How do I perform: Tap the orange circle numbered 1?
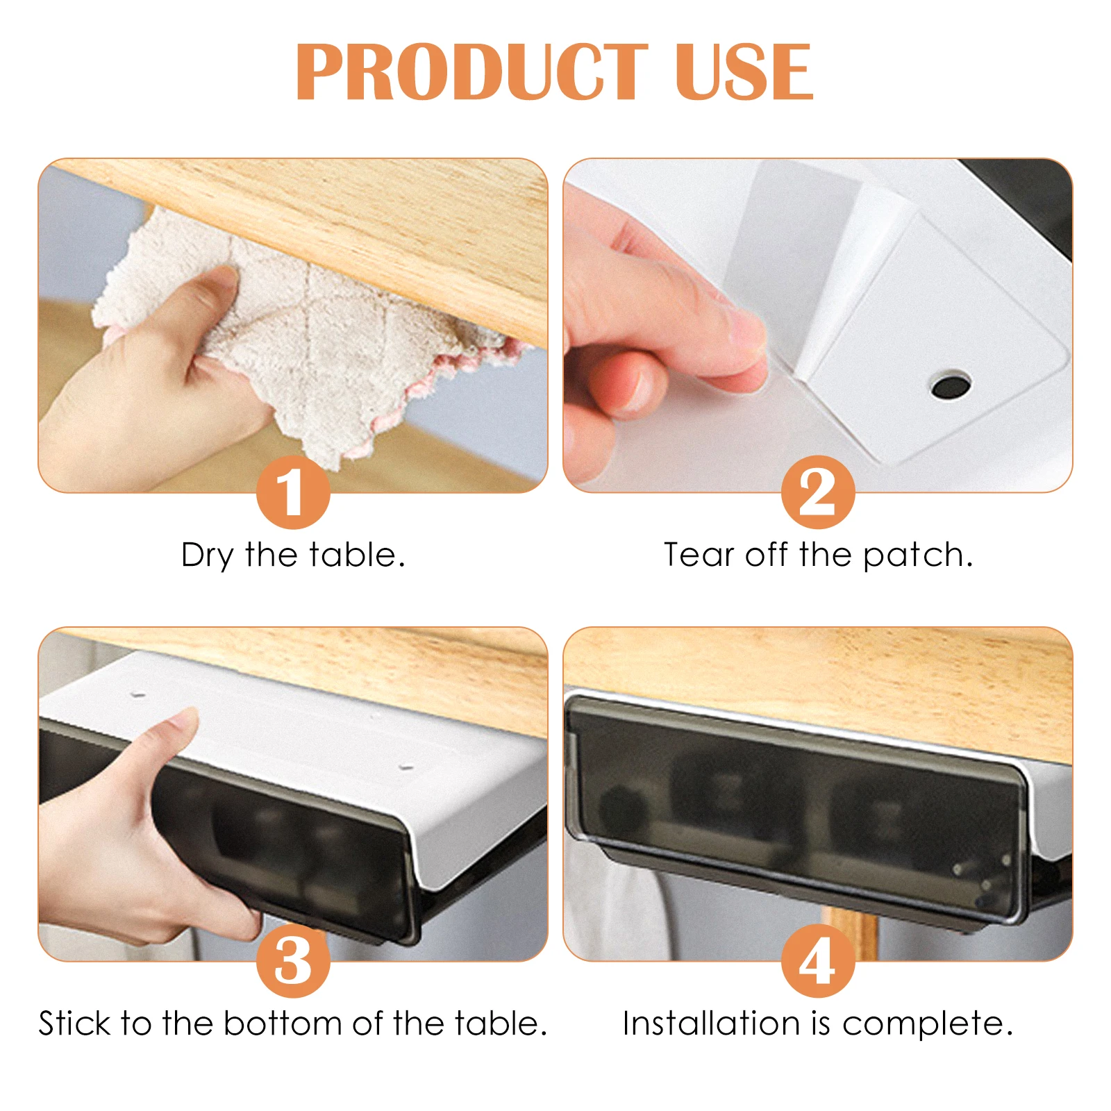pyautogui.click(x=292, y=492)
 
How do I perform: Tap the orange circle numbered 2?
pyautogui.click(x=817, y=492)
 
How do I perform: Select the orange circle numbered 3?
pyautogui.click(x=292, y=961)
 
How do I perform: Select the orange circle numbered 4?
pyautogui.click(x=817, y=961)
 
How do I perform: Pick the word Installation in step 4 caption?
pyautogui.click(x=710, y=1024)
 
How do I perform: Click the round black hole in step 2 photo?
pyautogui.click(x=951, y=384)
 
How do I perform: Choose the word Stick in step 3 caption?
pyautogui.click(x=74, y=1024)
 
